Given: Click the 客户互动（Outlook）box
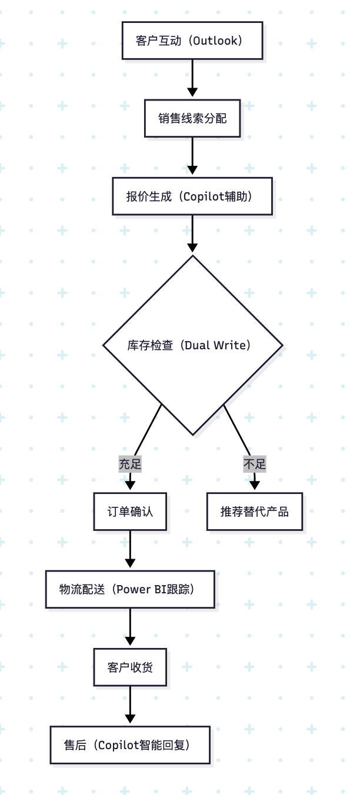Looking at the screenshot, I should coord(192,41).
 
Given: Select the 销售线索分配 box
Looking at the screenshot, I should coord(192,118).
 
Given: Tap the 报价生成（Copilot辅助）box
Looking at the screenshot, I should coord(192,196).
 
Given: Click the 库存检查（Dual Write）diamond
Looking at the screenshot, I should coord(192,345).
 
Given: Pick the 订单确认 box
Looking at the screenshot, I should coord(130,512).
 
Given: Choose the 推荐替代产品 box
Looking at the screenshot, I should coord(255,512).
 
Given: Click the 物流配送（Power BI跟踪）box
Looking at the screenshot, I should coord(130,589).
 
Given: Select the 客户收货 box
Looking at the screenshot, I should coord(130,667).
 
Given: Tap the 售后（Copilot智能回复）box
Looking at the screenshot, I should coord(130,745).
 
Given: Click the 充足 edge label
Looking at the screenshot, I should coord(130,464).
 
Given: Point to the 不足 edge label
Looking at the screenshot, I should coord(255,464).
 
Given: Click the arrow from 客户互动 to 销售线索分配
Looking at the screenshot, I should coord(192,79).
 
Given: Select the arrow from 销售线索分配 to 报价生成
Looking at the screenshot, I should coord(192,156).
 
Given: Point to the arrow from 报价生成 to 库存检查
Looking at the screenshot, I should coord(192,234).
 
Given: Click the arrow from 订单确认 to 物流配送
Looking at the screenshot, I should coord(130,550).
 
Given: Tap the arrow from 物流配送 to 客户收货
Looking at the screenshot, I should coord(130,628).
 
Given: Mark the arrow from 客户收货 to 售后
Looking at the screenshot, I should coord(130,706).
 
